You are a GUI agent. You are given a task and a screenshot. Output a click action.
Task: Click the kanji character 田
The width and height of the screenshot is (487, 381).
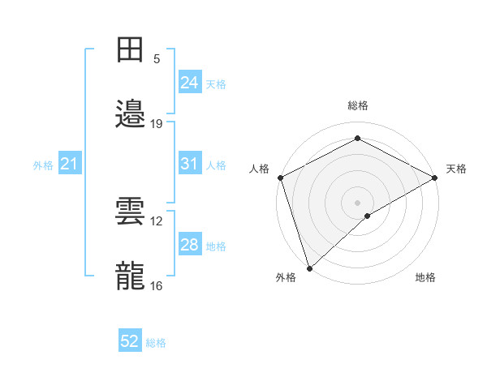[131, 49]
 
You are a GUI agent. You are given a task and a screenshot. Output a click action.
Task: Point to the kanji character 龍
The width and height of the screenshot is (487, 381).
[131, 276]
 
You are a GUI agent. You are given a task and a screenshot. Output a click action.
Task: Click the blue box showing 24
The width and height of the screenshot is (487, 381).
[189, 82]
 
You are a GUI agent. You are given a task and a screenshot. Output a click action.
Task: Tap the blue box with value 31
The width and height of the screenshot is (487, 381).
[189, 164]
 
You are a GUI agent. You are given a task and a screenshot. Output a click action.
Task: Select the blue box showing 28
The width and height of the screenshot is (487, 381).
[189, 245]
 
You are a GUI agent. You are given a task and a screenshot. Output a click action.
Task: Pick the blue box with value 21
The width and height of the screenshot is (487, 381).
[69, 165]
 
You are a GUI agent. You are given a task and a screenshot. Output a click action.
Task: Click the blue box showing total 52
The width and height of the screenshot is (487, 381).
[130, 341]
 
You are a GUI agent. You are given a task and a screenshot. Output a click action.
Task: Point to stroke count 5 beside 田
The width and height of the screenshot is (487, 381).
[157, 59]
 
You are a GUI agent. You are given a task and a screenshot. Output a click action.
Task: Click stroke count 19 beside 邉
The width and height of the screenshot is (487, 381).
[157, 124]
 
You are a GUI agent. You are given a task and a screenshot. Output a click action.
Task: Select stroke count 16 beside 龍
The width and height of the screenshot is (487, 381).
[157, 286]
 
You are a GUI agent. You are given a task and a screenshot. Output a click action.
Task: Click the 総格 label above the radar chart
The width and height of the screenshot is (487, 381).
[358, 105]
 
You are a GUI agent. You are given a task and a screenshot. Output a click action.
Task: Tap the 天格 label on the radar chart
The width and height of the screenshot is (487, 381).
[456, 169]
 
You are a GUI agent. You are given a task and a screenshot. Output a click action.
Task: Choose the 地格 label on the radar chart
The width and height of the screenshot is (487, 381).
[425, 278]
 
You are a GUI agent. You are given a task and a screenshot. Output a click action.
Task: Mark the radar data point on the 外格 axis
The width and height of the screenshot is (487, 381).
[309, 268]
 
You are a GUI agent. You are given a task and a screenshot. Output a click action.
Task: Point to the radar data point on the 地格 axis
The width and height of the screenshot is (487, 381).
[368, 216]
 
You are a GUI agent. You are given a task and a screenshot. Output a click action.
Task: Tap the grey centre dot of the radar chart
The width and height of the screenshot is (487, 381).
[358, 202]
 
